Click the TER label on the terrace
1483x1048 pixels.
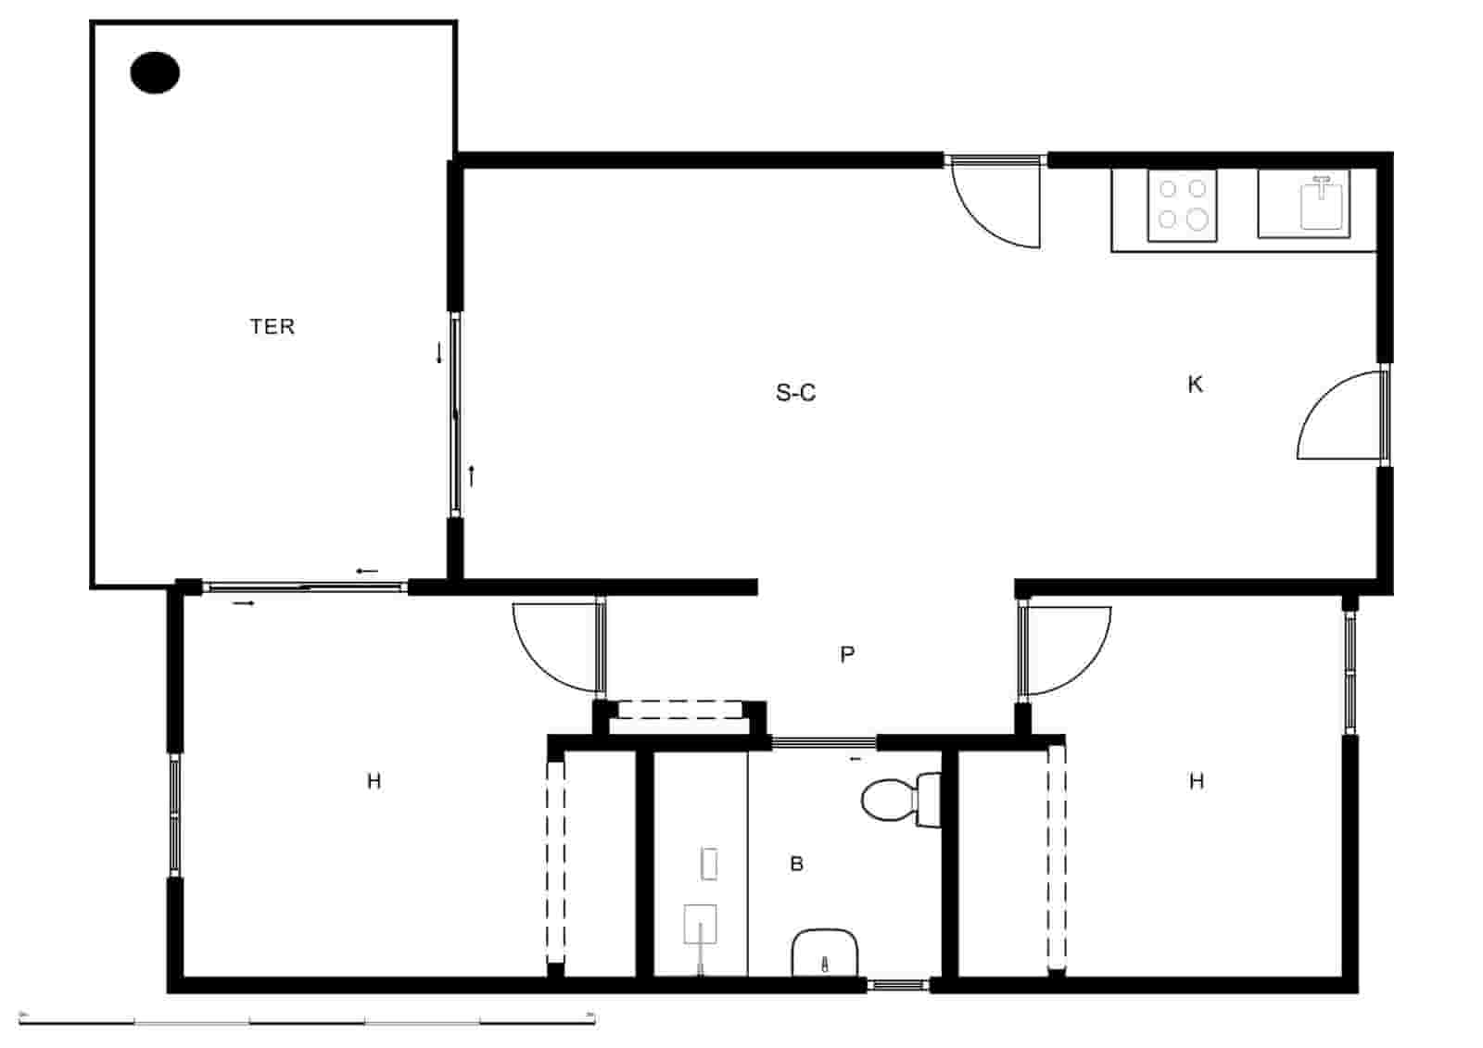(272, 326)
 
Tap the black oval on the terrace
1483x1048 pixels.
(155, 72)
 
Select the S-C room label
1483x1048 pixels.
(795, 393)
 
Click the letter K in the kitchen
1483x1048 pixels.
(1195, 385)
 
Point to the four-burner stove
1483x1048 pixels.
(1182, 205)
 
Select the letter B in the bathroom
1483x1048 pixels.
(796, 865)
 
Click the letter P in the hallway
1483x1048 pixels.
(846, 655)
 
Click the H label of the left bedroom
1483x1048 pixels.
(374, 781)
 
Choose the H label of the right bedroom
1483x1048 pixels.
(1196, 781)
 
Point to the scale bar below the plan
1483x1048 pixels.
(307, 1020)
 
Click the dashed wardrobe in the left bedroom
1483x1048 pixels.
(555, 862)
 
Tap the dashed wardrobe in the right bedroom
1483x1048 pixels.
(1056, 856)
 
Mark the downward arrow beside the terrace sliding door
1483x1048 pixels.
(439, 353)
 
